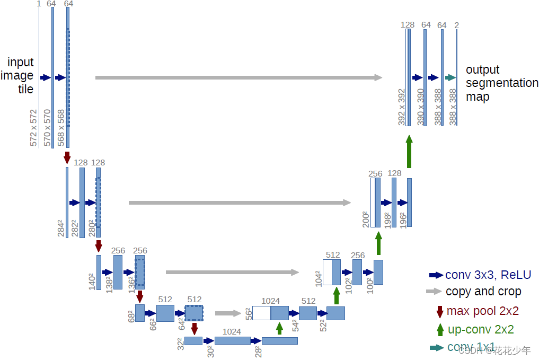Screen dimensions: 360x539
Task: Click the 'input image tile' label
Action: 21,76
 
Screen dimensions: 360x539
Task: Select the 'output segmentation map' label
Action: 501,83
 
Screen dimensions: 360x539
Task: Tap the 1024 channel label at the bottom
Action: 232,332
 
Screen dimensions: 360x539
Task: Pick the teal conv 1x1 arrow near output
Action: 450,77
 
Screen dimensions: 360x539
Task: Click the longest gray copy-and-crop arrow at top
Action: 238,77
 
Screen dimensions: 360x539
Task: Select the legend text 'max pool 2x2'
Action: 482,311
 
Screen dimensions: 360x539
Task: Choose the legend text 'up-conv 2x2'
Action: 481,329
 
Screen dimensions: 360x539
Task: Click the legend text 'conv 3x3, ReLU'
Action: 488,275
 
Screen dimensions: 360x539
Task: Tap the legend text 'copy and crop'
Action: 483,292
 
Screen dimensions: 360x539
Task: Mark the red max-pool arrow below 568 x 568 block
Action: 67,157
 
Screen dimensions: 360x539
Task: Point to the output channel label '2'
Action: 457,25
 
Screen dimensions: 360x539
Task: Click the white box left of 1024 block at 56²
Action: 261,313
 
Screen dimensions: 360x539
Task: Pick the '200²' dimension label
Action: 366,218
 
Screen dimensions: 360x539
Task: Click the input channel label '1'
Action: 39,4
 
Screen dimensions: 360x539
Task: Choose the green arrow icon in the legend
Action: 440,329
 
